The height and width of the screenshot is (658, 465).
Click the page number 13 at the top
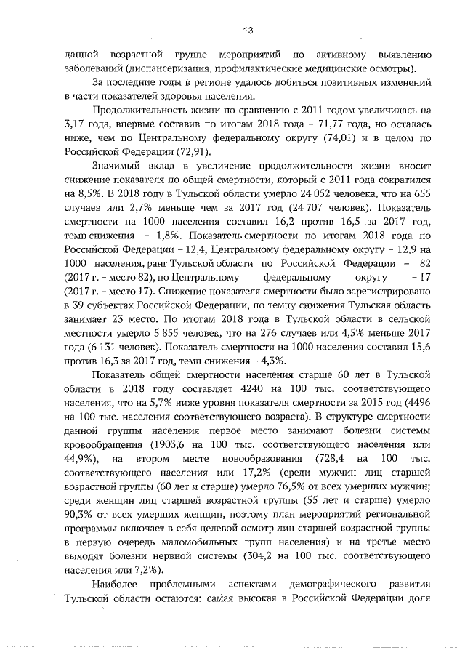point(248,30)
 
